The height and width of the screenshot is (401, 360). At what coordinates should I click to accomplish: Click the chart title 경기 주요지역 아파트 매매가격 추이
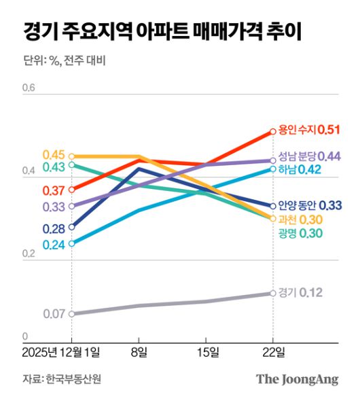coord(163,32)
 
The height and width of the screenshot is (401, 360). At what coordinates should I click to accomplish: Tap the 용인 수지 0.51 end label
coord(309,129)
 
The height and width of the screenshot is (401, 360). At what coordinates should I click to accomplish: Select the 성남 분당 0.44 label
coord(309,156)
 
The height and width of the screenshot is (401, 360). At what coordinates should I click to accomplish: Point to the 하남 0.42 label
coord(300,169)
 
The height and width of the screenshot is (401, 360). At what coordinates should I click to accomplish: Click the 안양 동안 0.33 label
coord(310,205)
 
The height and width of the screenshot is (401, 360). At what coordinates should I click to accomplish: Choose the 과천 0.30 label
coord(300,220)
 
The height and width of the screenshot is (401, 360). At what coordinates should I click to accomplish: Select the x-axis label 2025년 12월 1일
coord(60,351)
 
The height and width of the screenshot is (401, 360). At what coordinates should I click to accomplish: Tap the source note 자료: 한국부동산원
coord(65,379)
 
